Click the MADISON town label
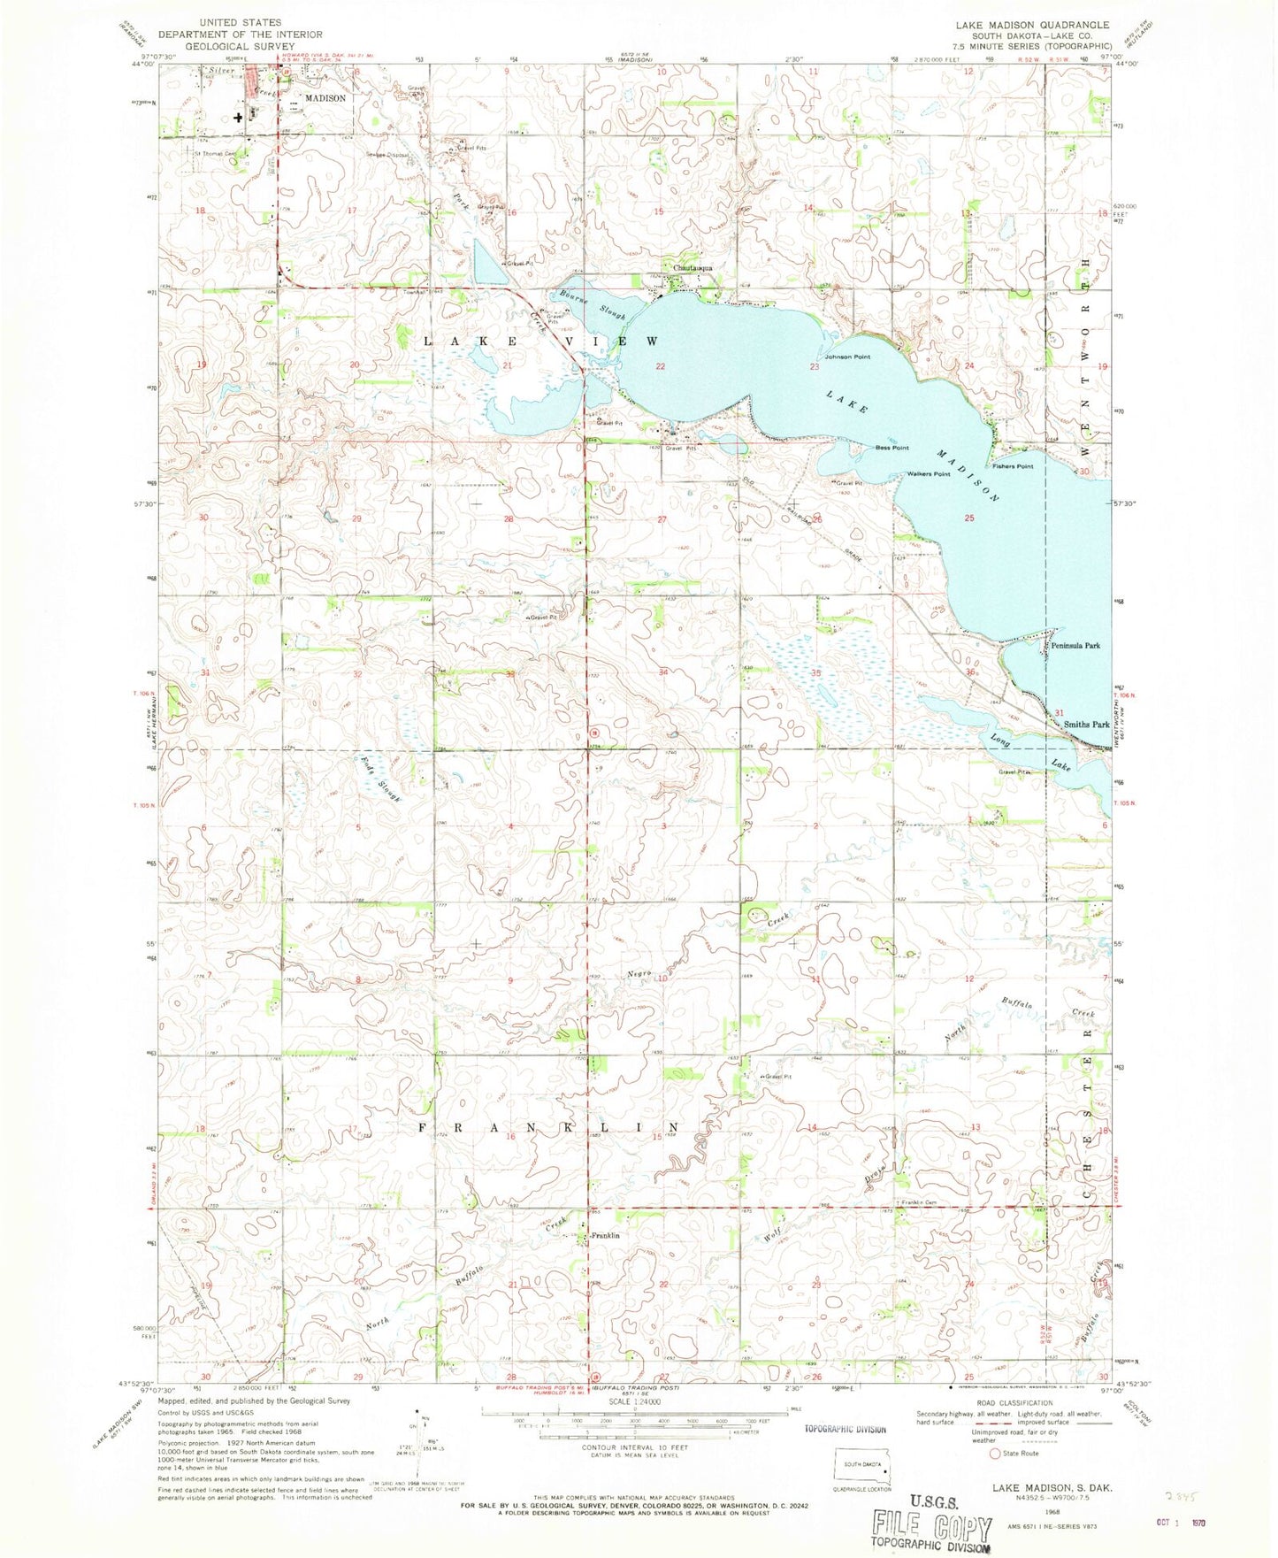(x=325, y=98)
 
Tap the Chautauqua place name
(x=693, y=267)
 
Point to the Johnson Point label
(x=847, y=357)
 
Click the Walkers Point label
(x=928, y=474)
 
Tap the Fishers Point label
(x=1013, y=466)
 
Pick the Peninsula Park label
(x=1075, y=646)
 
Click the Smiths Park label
(x=1086, y=724)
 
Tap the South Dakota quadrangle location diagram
(x=862, y=1470)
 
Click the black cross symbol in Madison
(x=238, y=117)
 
